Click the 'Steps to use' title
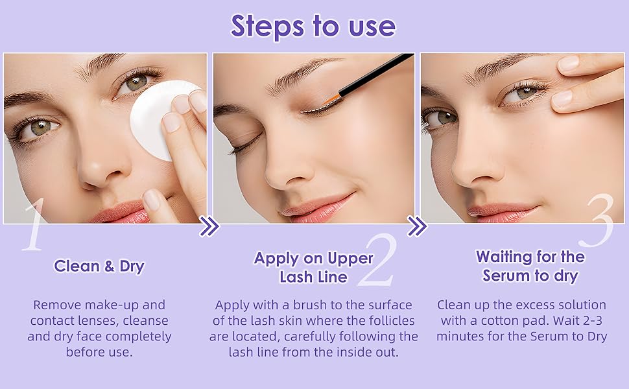(x=313, y=26)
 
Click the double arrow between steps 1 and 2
(x=209, y=227)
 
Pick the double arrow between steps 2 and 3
(x=417, y=226)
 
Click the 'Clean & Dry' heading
(x=99, y=266)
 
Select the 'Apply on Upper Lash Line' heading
(x=313, y=267)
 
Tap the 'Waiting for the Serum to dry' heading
(x=530, y=266)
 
